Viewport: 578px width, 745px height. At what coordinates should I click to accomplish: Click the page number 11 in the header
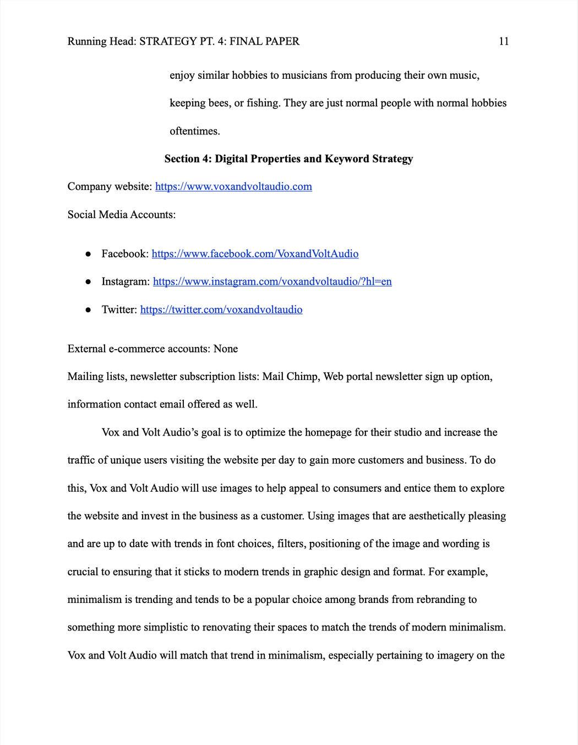(x=504, y=41)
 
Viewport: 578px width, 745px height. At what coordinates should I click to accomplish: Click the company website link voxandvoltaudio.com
(x=233, y=187)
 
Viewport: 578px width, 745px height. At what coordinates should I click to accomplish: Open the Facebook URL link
(x=255, y=254)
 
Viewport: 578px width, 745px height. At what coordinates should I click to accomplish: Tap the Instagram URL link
(x=272, y=282)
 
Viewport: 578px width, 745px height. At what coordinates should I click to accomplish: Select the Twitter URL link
(x=221, y=309)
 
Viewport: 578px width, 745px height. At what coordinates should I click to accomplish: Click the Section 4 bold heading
(x=288, y=159)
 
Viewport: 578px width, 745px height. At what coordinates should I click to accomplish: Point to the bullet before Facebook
(x=88, y=254)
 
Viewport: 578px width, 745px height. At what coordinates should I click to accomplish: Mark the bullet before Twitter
(x=88, y=310)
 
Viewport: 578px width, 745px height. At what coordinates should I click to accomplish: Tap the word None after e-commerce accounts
(x=226, y=349)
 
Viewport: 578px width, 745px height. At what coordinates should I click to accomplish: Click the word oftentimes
(x=195, y=131)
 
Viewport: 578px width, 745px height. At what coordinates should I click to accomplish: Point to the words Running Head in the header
(x=101, y=41)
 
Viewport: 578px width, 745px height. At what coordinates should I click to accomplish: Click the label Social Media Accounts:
(x=122, y=215)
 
